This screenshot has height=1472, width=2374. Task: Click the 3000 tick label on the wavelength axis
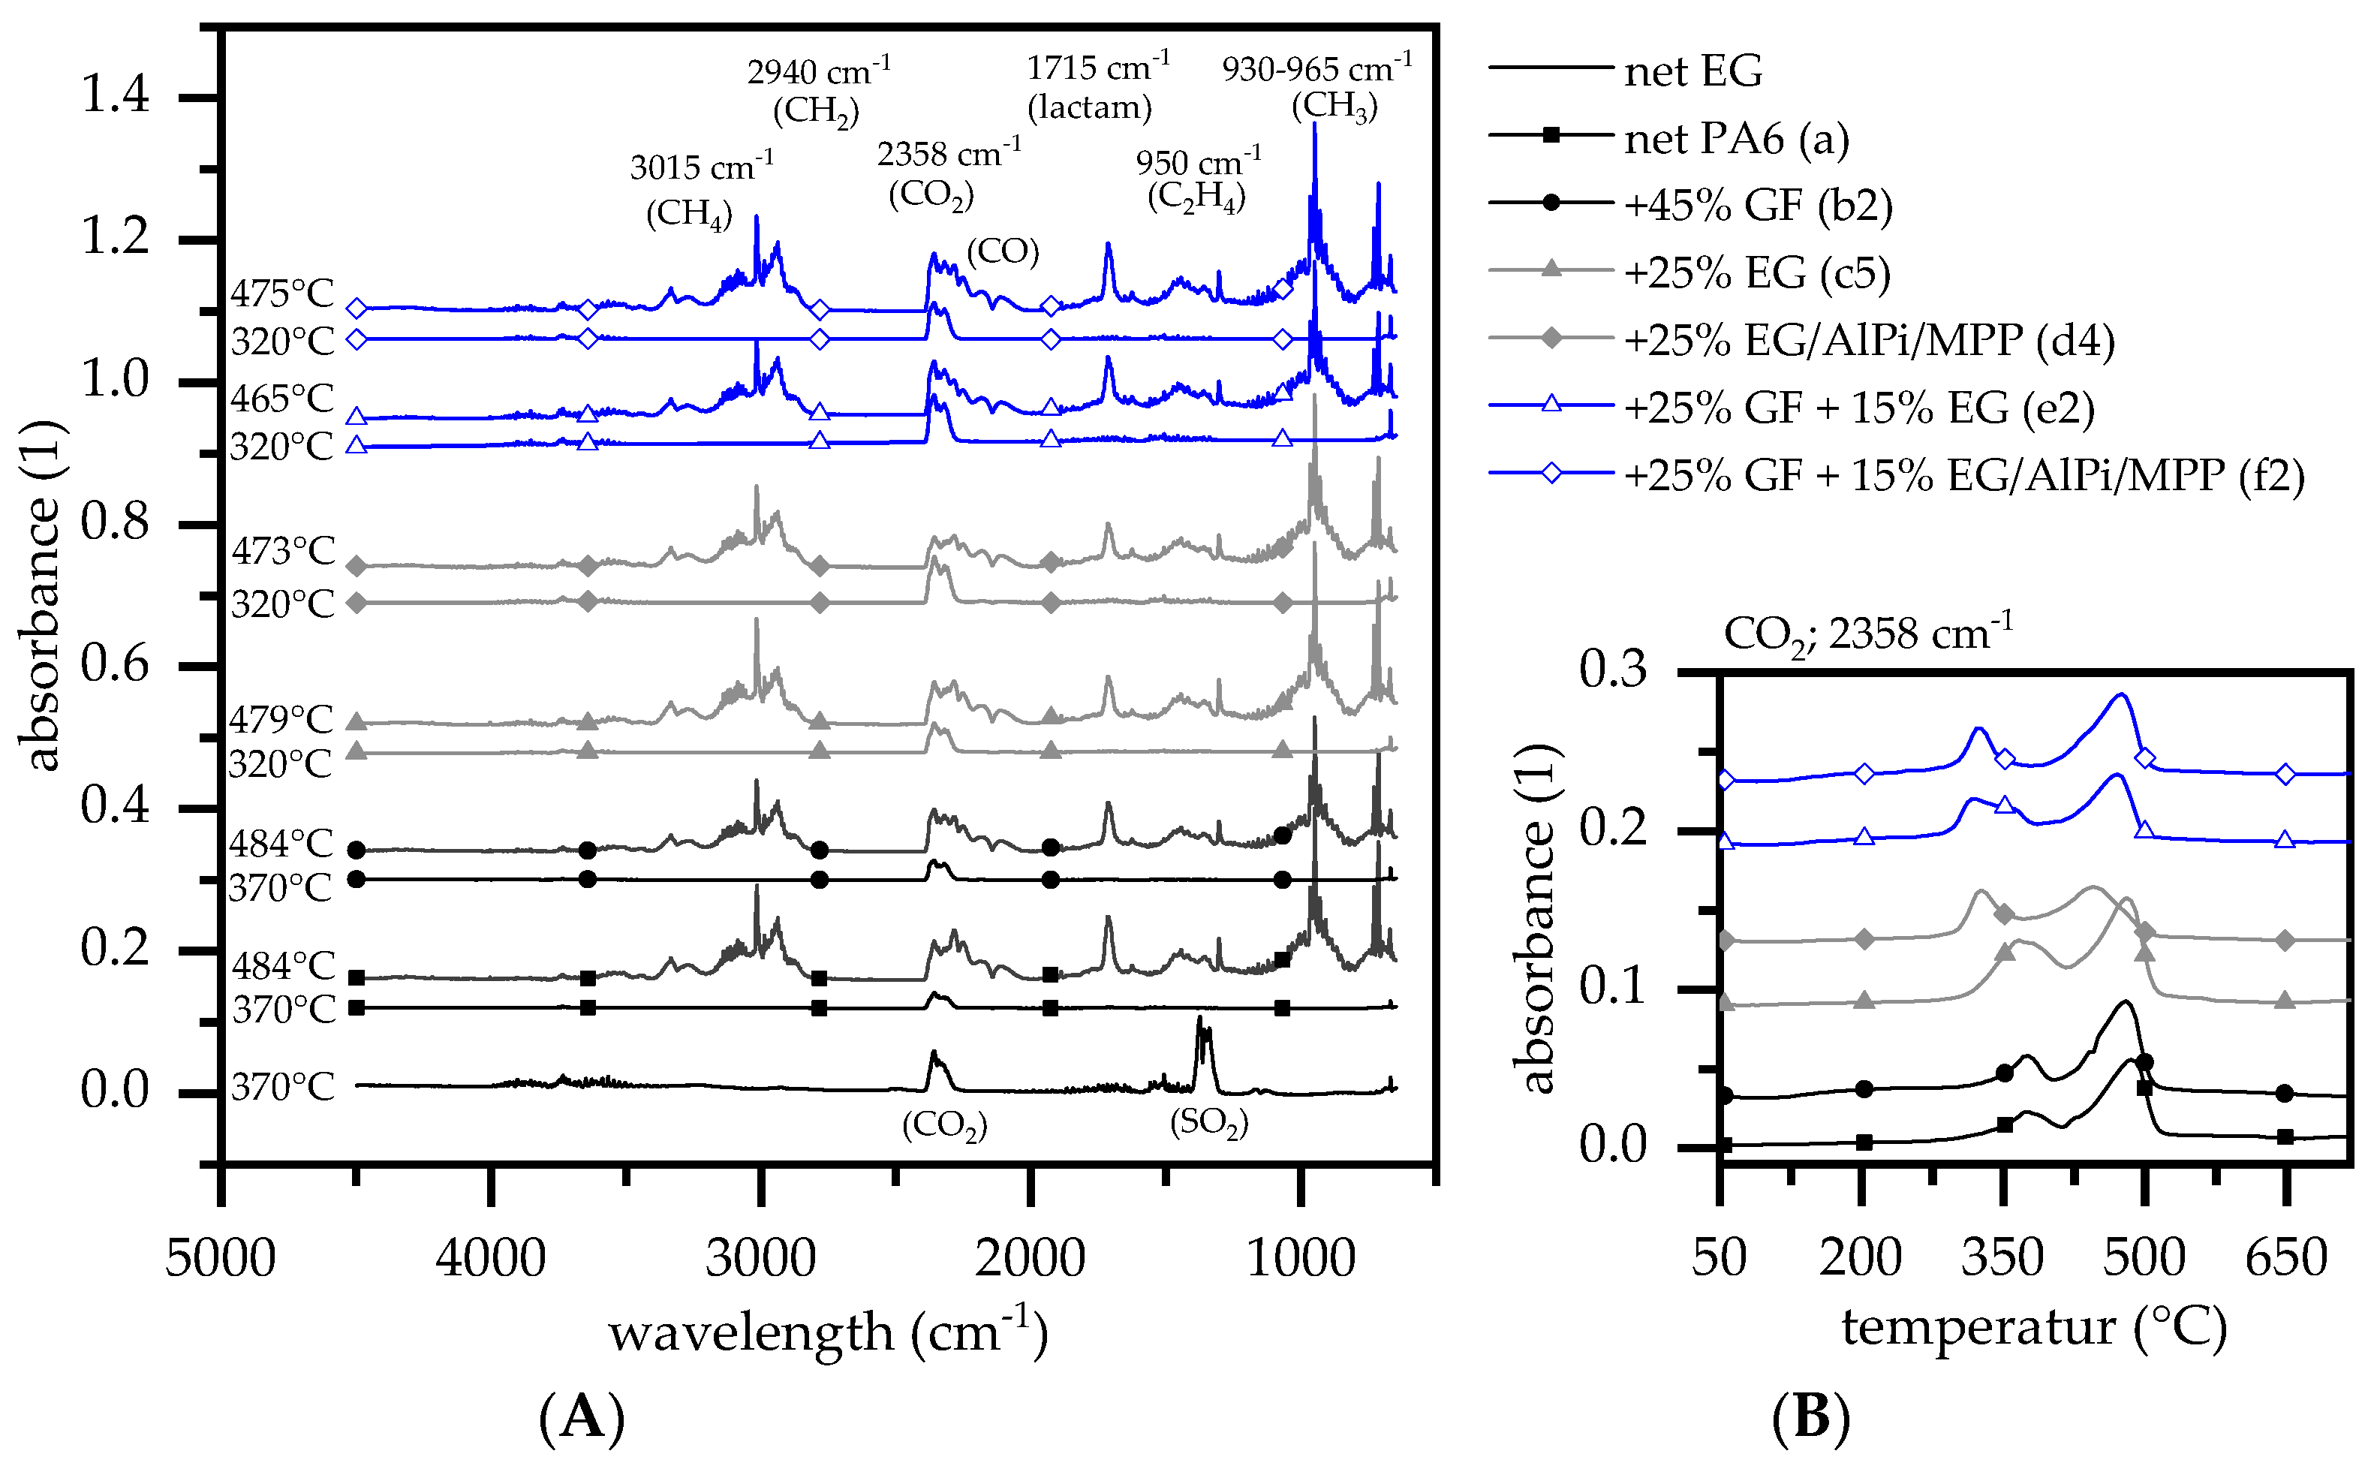click(760, 1258)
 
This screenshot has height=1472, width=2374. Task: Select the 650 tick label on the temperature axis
click(2285, 1258)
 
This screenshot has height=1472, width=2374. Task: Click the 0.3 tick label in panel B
click(1613, 670)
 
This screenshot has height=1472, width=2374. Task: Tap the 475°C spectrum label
click(282, 293)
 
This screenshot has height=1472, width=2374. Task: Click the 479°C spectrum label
click(281, 719)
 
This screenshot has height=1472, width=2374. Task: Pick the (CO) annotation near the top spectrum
click(1003, 251)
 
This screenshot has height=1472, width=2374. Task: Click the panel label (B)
click(1810, 1416)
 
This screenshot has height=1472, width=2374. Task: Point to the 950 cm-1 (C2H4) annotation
click(1197, 180)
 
